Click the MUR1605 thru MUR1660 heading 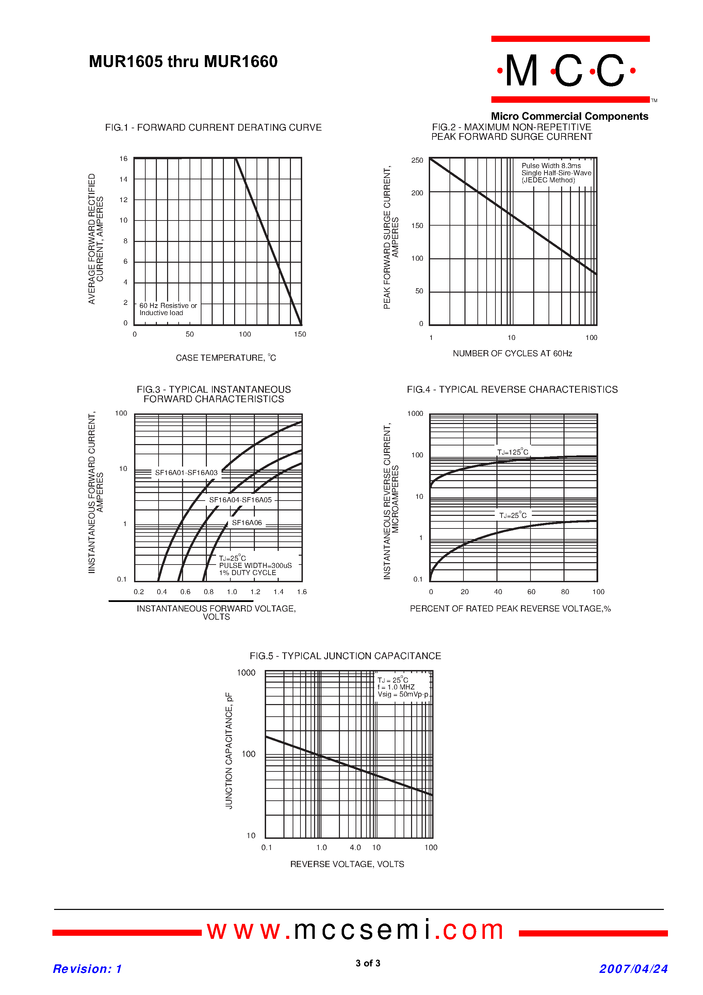[183, 62]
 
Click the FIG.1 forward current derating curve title [213, 127]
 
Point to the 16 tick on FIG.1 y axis [124, 159]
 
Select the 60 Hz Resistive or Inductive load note [168, 309]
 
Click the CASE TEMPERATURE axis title [225, 358]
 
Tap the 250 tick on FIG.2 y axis [417, 160]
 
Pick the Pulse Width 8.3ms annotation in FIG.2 [551, 165]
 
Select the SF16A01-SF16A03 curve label [186, 472]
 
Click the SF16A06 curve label [247, 523]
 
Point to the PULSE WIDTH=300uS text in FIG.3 [255, 566]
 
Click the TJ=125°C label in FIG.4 [512, 452]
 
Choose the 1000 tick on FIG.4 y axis [415, 413]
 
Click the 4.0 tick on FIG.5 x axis [355, 847]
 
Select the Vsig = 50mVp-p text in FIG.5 [403, 694]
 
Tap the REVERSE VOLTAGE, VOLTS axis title [347, 864]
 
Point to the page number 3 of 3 [367, 963]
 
